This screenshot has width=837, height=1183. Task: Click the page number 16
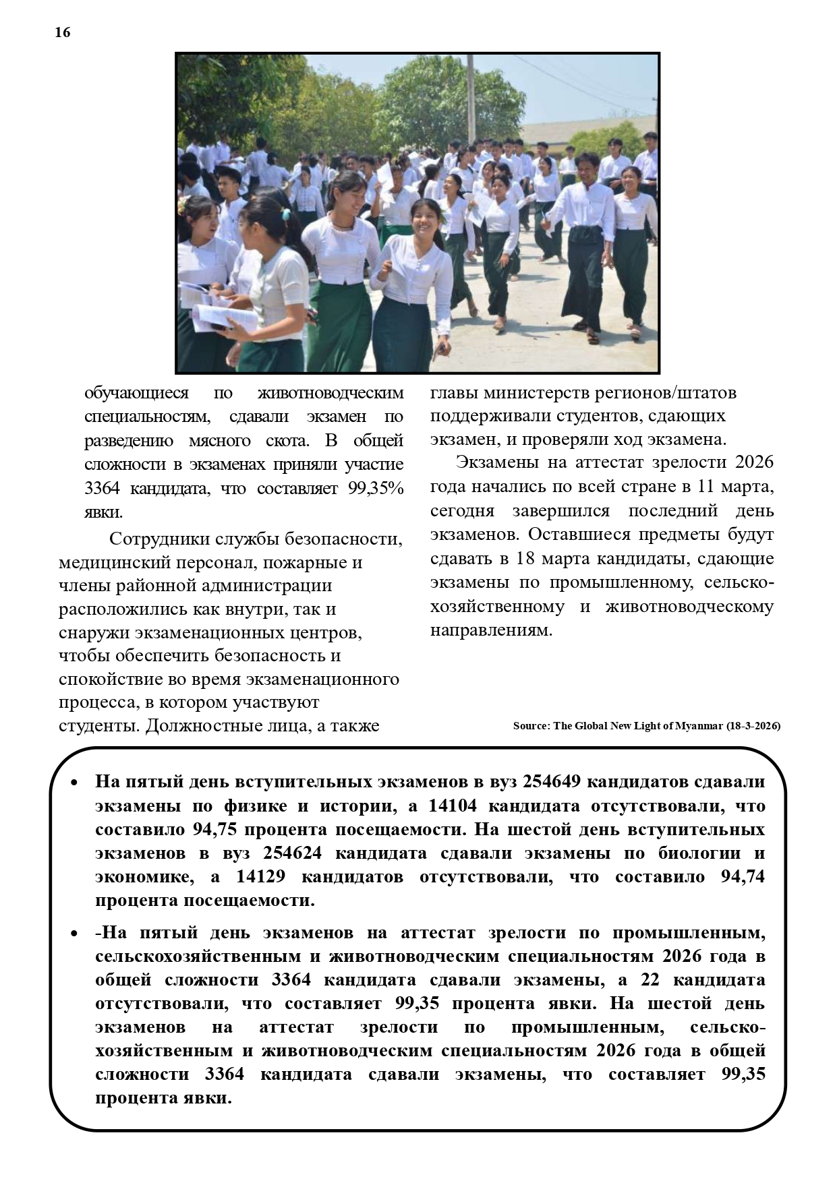pyautogui.click(x=62, y=32)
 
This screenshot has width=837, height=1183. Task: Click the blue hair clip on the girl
pyautogui.click(x=286, y=215)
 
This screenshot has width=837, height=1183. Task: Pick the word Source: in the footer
pyautogui.click(x=531, y=726)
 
